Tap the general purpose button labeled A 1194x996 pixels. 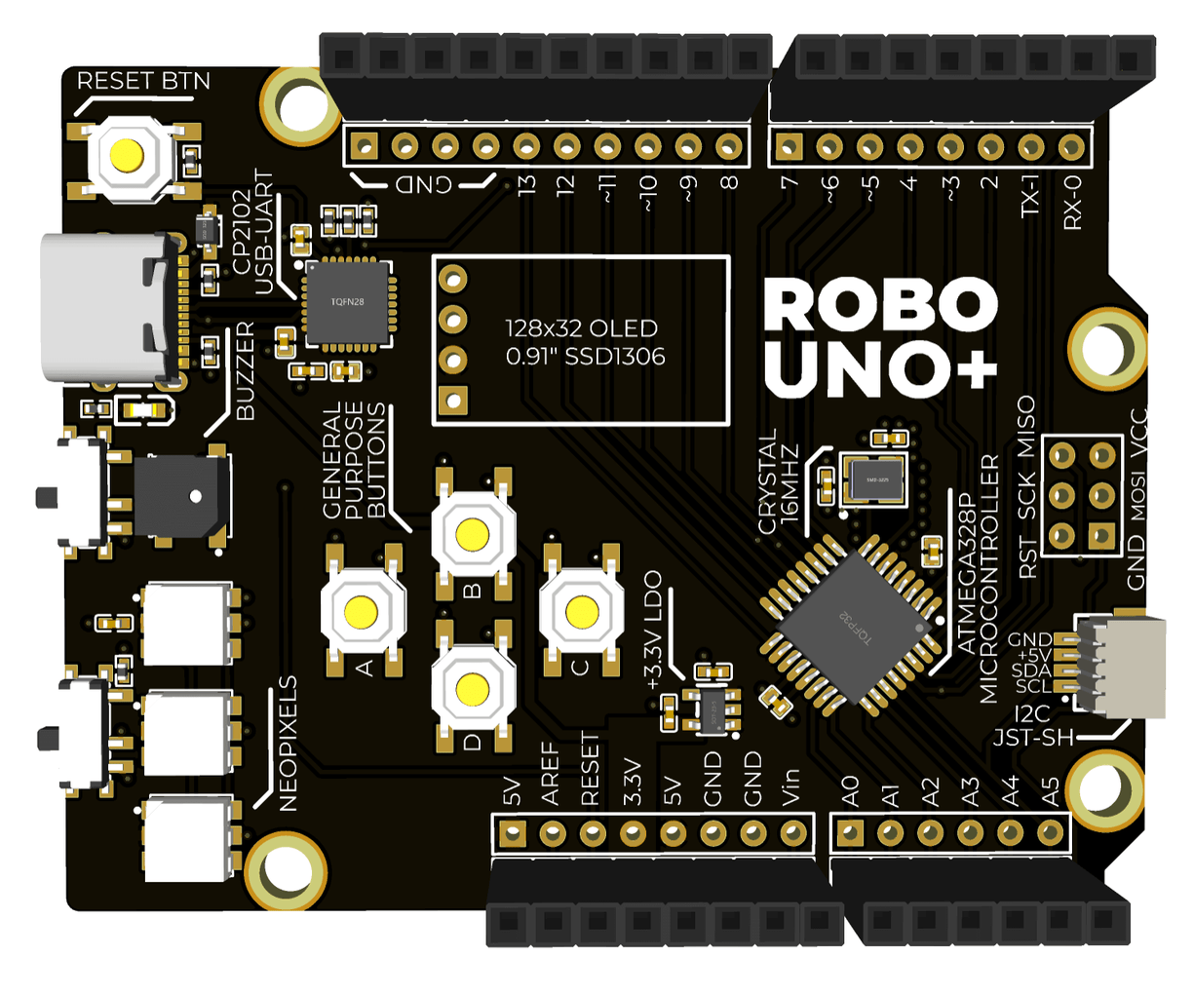(x=362, y=611)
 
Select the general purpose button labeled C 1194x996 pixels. (x=582, y=611)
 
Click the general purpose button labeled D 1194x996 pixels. (x=472, y=688)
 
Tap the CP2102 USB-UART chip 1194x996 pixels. (x=346, y=302)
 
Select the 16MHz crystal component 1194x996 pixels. (x=873, y=479)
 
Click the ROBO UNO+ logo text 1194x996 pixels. (x=879, y=337)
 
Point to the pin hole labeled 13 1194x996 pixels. (x=526, y=147)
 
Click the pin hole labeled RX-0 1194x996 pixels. (x=1071, y=147)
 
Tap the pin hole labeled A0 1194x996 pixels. (x=850, y=833)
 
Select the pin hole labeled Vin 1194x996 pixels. (x=793, y=833)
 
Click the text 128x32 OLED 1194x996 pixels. (x=581, y=328)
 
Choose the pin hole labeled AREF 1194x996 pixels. (x=553, y=833)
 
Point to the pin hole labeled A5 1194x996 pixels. (x=1050, y=833)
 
